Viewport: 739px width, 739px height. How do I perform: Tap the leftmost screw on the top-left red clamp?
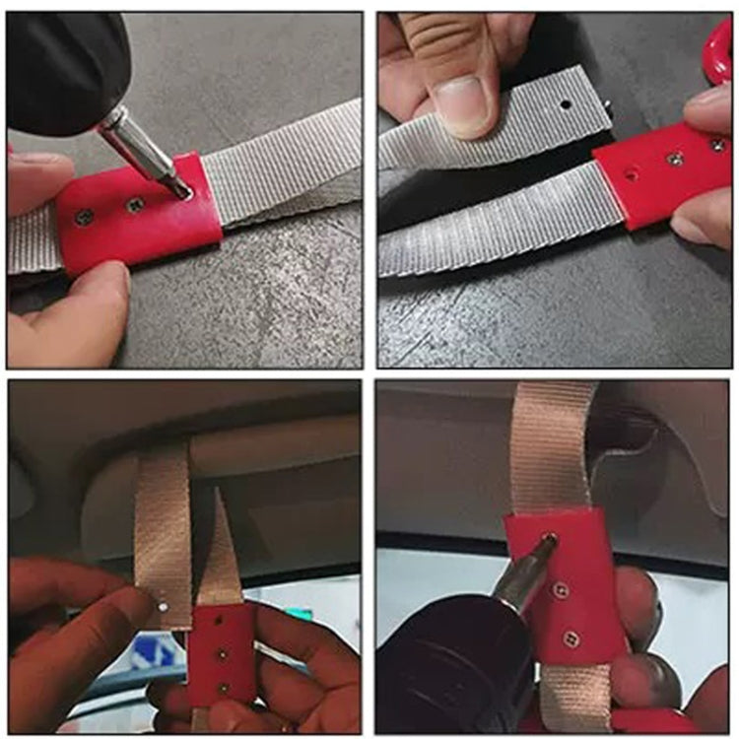click(85, 216)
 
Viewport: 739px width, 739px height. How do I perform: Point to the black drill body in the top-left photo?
click(59, 69)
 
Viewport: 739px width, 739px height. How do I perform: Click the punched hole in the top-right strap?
click(566, 103)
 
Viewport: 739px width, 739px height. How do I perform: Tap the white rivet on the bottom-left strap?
click(164, 608)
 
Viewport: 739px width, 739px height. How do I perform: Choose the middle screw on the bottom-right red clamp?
click(561, 590)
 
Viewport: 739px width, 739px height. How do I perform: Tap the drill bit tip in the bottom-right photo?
click(548, 543)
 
